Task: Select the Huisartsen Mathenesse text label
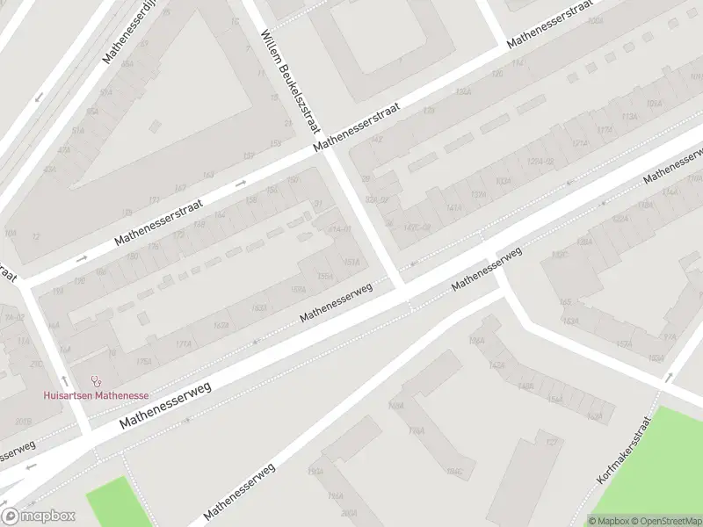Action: [97, 395]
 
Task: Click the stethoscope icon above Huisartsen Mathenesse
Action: [96, 381]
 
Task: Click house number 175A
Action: [144, 361]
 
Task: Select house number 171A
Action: [184, 343]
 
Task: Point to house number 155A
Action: [325, 276]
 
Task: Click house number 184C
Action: [454, 472]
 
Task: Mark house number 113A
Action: [628, 117]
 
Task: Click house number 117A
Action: [605, 130]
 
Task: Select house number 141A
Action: [453, 208]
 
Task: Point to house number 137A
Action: [478, 195]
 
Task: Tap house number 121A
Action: [579, 143]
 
